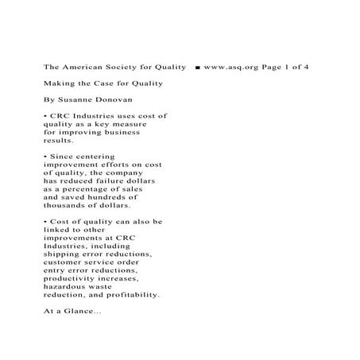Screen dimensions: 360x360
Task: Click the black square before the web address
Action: [x=196, y=67]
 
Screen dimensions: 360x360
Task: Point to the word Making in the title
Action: [x=60, y=83]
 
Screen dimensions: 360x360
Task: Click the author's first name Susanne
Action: [x=76, y=100]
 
